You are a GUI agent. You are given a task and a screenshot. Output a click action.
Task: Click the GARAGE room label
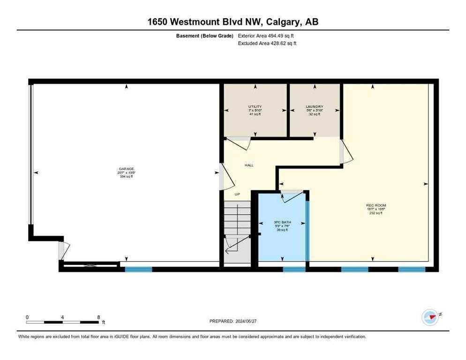point(126,169)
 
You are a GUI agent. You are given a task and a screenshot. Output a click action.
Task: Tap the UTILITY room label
point(255,107)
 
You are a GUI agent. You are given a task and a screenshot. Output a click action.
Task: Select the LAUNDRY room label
point(315,107)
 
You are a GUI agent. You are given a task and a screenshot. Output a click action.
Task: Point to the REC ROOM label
point(376,205)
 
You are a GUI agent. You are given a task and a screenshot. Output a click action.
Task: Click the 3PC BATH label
point(281,223)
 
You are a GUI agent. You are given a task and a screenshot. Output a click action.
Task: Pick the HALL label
point(249,165)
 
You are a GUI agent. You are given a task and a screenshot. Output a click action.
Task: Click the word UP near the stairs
point(237,194)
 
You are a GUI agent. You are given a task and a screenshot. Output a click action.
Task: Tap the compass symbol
point(430,317)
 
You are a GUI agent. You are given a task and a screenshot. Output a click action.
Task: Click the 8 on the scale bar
point(98,317)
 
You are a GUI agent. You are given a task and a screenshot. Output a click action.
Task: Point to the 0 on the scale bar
point(27,317)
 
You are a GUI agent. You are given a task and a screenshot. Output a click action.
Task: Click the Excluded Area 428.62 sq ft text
point(267,43)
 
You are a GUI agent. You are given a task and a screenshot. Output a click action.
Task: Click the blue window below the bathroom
point(294,269)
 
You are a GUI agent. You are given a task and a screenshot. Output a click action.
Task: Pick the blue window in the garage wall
point(138,269)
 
